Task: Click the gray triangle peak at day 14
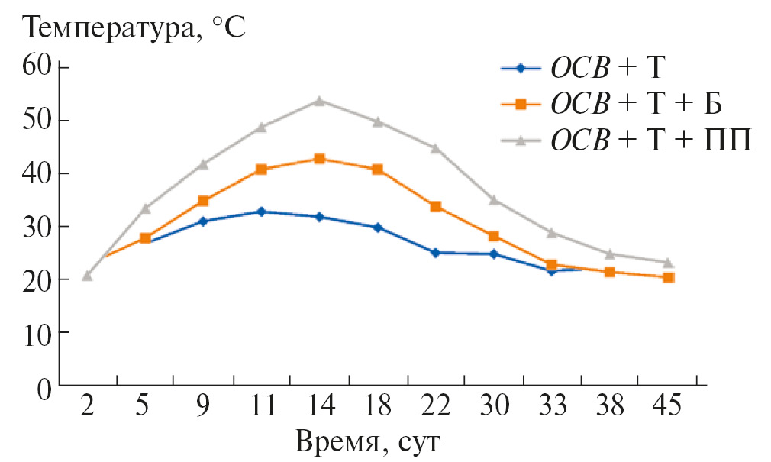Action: (320, 100)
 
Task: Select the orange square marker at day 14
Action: (320, 159)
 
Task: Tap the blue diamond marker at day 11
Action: (261, 212)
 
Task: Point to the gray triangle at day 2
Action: (87, 275)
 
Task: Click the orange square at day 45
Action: (668, 277)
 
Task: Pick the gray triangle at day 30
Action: (494, 200)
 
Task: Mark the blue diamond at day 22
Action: (436, 252)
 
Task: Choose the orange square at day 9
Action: (203, 201)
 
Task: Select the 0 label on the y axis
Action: (43, 386)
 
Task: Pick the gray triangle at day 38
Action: (610, 254)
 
